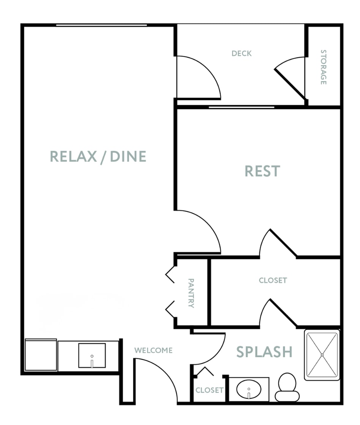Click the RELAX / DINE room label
[x=98, y=156]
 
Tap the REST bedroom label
[x=262, y=171]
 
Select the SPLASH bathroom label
[x=264, y=352]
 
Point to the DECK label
[x=242, y=54]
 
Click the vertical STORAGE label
[x=324, y=67]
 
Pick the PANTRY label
[x=191, y=293]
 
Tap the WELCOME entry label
[x=153, y=350]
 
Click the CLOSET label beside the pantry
[x=273, y=280]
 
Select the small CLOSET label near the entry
[x=210, y=390]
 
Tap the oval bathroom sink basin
[x=249, y=389]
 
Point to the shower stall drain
[x=322, y=355]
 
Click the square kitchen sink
[x=92, y=355]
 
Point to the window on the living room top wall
[x=101, y=25]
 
